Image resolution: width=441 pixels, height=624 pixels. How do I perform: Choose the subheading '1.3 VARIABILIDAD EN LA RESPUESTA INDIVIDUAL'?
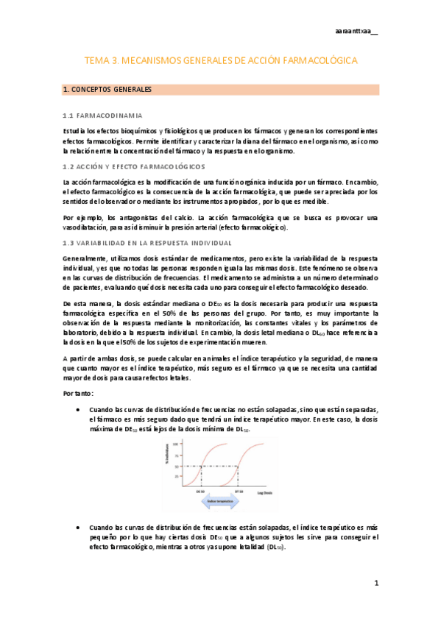pyautogui.click(x=147, y=243)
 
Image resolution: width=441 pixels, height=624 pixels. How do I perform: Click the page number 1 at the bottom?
pyautogui.click(x=375, y=583)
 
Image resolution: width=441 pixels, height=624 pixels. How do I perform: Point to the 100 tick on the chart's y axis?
pyautogui.click(x=179, y=444)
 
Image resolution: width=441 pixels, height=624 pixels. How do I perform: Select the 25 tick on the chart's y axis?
pyautogui.click(x=179, y=476)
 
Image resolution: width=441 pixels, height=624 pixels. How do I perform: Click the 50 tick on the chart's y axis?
pyautogui.click(x=179, y=466)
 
